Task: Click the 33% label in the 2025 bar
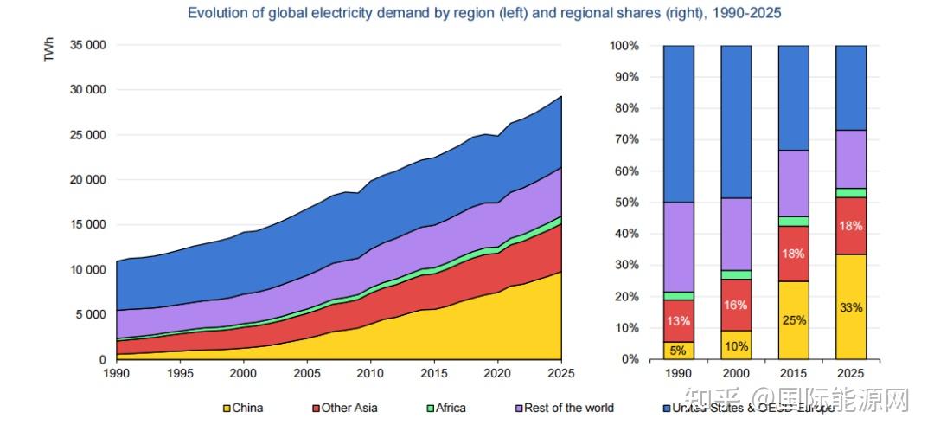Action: [851, 307]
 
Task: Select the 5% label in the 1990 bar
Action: [678, 351]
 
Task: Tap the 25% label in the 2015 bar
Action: [794, 320]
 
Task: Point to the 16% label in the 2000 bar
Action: [736, 305]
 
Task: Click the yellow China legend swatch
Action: [227, 408]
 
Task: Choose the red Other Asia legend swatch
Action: [316, 408]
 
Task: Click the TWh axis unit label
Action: [50, 51]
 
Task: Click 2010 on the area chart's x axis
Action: [371, 374]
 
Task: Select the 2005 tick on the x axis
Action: [307, 374]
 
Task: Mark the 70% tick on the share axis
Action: [624, 139]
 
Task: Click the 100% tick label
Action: [623, 45]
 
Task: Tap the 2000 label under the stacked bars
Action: [736, 375]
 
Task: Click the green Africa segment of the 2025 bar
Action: [851, 193]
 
